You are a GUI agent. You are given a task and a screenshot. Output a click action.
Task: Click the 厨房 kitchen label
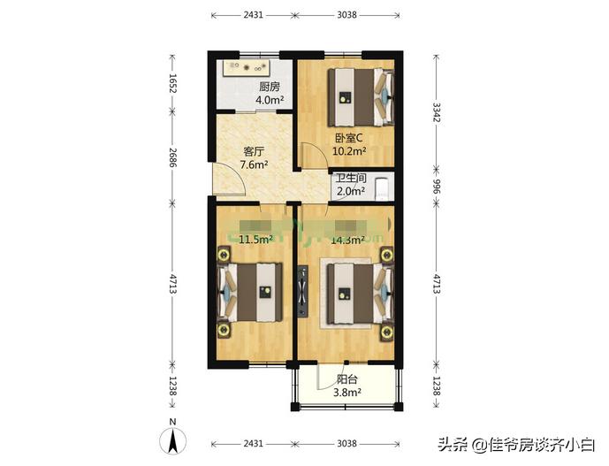coord(270,87)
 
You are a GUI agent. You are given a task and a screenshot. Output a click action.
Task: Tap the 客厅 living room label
coord(254,150)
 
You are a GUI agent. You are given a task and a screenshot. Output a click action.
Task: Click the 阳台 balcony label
coord(346,379)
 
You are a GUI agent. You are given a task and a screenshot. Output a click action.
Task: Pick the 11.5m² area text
coord(255,239)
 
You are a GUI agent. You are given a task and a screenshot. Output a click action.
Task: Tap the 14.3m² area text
coord(348,239)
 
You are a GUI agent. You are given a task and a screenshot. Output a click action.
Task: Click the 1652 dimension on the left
coord(174,86)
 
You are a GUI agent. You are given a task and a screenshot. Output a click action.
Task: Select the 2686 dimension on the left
coord(174,156)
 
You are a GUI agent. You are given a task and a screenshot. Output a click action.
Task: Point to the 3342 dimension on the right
coord(436,115)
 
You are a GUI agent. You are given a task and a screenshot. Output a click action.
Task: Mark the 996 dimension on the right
coord(436,187)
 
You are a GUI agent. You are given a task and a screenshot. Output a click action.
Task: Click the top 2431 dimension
coord(252,15)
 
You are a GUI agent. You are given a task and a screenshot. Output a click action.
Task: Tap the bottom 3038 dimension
coord(346,443)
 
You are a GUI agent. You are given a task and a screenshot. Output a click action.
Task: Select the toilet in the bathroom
coord(381,187)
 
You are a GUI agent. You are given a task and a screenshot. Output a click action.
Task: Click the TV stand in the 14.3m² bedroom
coord(303,292)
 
